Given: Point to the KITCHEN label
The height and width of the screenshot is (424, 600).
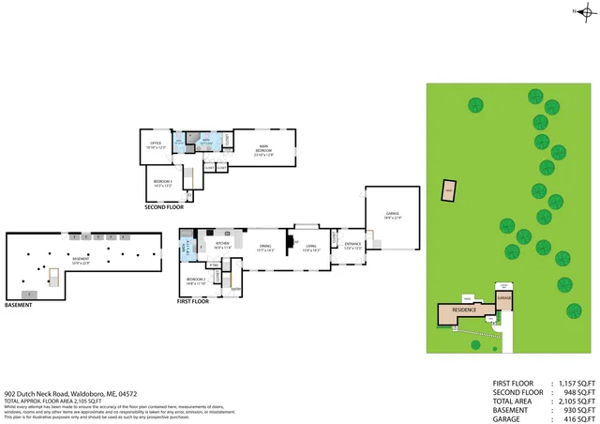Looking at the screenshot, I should pyautogui.click(x=223, y=246).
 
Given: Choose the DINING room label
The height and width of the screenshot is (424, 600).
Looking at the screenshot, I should pyautogui.click(x=264, y=249).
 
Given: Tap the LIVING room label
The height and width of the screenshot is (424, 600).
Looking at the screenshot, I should pyautogui.click(x=309, y=249).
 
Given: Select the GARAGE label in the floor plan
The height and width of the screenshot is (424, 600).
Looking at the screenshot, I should pyautogui.click(x=392, y=216).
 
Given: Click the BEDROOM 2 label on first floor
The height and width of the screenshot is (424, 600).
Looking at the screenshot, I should pyautogui.click(x=195, y=280).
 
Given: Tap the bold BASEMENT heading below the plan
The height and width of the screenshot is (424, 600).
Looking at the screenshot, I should pyautogui.click(x=19, y=305).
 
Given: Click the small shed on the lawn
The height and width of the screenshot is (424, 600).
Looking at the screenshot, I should pyautogui.click(x=449, y=191).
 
